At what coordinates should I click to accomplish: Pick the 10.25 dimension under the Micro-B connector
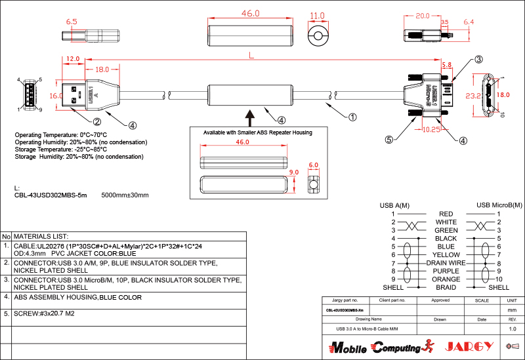[x=431, y=130]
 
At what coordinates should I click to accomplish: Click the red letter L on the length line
[x=253, y=56]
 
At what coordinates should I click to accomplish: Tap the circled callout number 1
[x=352, y=118]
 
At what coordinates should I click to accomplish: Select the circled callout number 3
[x=478, y=60]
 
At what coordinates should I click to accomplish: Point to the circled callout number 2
[x=96, y=121]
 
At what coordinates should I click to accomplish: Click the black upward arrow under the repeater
[x=250, y=117]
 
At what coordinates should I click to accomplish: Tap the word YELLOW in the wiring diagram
[x=446, y=254]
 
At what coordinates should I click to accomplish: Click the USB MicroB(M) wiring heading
[x=499, y=205]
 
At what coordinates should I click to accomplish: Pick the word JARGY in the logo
[x=469, y=347]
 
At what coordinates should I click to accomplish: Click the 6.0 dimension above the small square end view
[x=313, y=165]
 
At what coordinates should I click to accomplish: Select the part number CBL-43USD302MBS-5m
[x=51, y=195]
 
